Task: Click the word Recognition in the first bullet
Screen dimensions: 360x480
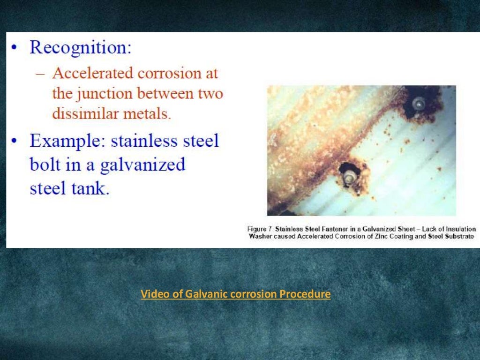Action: pyautogui.click(x=80, y=48)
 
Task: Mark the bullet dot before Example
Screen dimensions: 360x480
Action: pyautogui.click(x=15, y=141)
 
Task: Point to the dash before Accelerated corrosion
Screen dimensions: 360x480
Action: pyautogui.click(x=43, y=74)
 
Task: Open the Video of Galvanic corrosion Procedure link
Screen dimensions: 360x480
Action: pyautogui.click(x=235, y=294)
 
